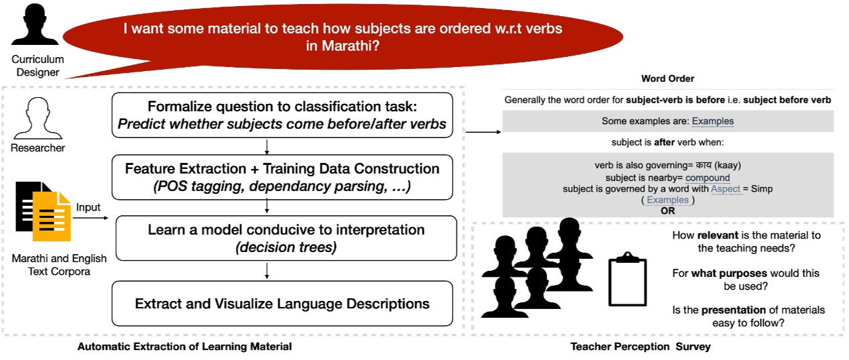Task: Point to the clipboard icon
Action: pos(627,282)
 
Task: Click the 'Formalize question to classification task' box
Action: pos(282,115)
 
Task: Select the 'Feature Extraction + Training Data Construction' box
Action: pos(282,178)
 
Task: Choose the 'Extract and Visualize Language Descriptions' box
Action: pos(282,304)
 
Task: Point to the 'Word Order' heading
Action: pos(667,79)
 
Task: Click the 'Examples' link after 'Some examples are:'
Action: pos(712,121)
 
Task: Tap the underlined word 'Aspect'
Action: pos(726,189)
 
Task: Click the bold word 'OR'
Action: pos(667,211)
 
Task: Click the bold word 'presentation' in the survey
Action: pos(733,310)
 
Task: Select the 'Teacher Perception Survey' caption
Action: pos(640,347)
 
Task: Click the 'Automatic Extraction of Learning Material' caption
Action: pos(184,347)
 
